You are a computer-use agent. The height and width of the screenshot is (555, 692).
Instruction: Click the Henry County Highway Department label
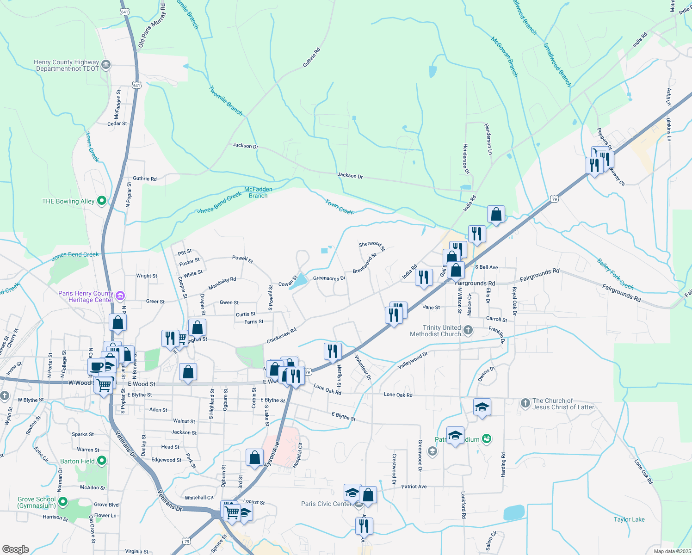(67, 65)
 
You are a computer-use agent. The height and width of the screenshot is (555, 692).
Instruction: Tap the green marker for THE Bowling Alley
(102, 201)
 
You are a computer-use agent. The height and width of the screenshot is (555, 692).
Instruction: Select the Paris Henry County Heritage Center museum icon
(120, 296)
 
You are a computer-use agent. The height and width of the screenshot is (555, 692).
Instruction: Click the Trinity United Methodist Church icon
(468, 330)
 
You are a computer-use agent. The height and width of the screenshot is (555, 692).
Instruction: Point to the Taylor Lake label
(629, 519)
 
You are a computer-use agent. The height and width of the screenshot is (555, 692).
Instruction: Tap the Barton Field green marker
(102, 461)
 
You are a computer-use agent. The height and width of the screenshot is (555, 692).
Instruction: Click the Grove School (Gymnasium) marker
(62, 502)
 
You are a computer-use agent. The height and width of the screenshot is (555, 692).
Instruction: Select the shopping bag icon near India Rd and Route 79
(496, 215)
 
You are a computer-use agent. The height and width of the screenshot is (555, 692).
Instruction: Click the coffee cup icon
(97, 367)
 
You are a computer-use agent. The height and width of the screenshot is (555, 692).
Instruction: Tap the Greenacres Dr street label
(329, 278)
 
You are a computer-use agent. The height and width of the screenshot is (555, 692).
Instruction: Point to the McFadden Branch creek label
(258, 192)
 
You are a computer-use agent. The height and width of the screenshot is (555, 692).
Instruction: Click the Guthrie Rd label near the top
(311, 58)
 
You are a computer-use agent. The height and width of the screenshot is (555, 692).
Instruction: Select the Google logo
(16, 549)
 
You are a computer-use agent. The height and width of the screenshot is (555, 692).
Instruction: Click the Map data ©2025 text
(672, 551)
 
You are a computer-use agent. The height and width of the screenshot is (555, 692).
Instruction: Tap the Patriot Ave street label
(414, 487)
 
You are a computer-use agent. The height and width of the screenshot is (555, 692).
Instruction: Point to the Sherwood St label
(371, 246)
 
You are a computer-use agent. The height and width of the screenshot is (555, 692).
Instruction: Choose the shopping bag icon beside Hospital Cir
(255, 458)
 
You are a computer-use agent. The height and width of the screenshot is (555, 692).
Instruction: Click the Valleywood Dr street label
(413, 361)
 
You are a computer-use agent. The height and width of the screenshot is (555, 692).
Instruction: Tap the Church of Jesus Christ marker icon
(525, 403)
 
